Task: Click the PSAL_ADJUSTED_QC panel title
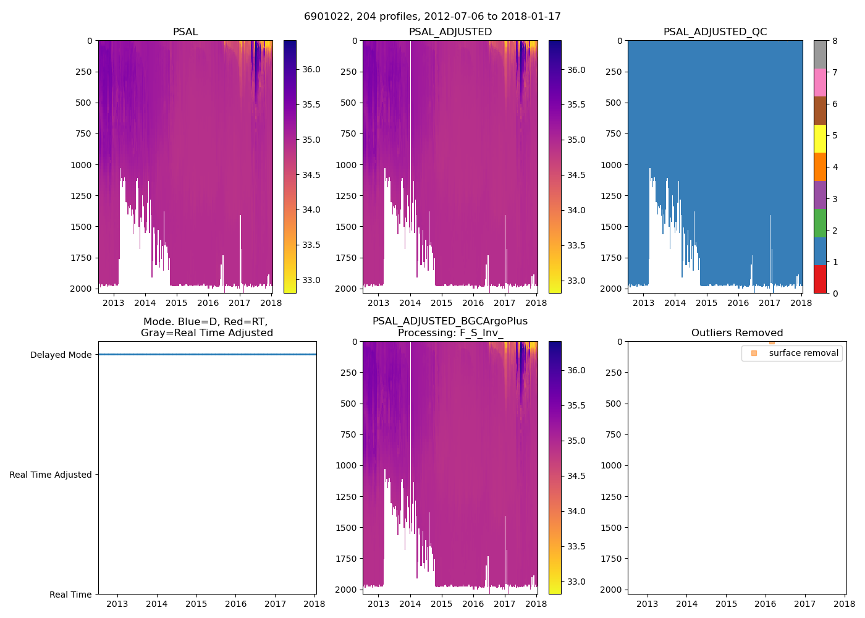(715, 32)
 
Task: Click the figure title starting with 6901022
(432, 17)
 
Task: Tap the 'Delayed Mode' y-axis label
(61, 355)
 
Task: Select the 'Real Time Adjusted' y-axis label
(51, 475)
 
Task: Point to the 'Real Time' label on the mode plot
(70, 595)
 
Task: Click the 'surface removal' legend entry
(803, 353)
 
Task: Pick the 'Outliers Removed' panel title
(737, 332)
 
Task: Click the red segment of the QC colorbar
(820, 279)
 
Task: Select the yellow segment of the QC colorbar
(820, 138)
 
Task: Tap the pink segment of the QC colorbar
(820, 82)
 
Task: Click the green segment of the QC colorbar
(820, 222)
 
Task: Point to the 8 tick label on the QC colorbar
(835, 41)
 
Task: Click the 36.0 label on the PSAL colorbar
(311, 69)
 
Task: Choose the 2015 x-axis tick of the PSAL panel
(177, 303)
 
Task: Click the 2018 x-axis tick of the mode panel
(314, 604)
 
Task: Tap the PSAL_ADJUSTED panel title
(450, 32)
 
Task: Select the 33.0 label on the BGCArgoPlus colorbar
(576, 582)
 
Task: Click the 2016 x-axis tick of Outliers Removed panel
(766, 604)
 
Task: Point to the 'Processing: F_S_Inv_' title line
(450, 332)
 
